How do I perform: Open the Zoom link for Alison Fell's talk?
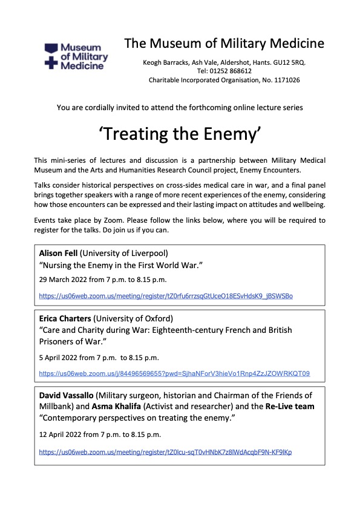click(x=166, y=296)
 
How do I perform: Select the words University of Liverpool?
click(x=129, y=254)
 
